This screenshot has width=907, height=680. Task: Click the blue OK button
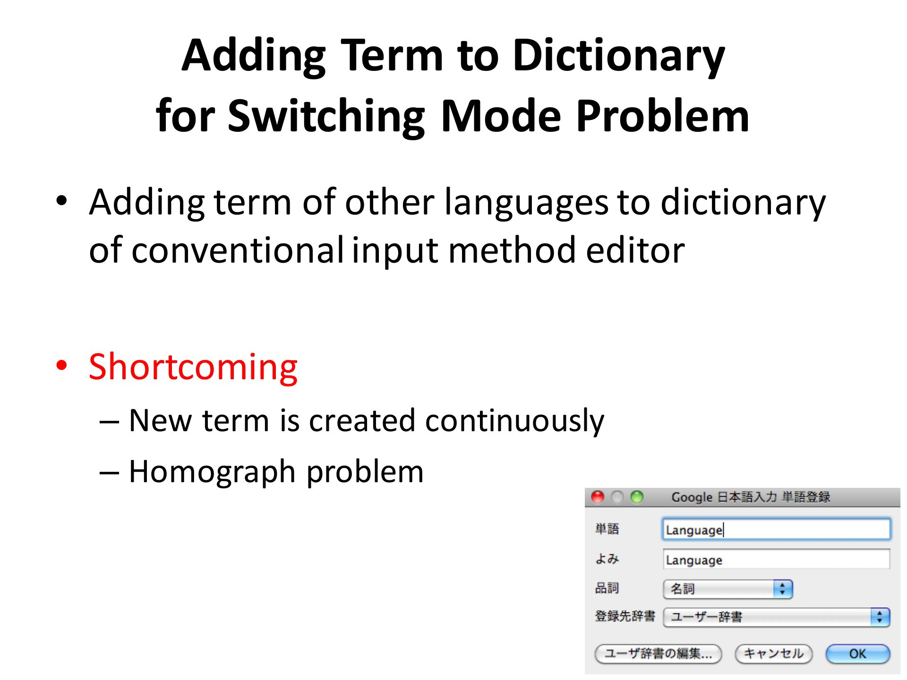tap(857, 654)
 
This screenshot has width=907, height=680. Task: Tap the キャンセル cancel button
tap(773, 654)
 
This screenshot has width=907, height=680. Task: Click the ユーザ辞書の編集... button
tap(658, 654)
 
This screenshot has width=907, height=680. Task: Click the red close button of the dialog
tap(598, 497)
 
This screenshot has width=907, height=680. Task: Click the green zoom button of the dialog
tap(637, 497)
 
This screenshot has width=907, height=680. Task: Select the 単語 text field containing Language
tap(776, 529)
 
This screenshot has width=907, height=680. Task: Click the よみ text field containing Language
tap(776, 560)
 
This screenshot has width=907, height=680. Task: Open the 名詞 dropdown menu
tap(727, 589)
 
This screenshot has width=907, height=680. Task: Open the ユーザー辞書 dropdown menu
tap(776, 617)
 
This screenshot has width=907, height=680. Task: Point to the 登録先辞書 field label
tap(625, 616)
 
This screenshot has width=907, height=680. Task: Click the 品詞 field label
tap(607, 588)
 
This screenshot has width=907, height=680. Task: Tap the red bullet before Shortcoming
tap(61, 366)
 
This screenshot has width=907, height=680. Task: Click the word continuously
tap(514, 421)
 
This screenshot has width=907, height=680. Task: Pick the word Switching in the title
tap(326, 117)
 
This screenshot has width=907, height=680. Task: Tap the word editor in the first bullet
tap(635, 250)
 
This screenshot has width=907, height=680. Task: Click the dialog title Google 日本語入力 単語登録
tap(751, 497)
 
